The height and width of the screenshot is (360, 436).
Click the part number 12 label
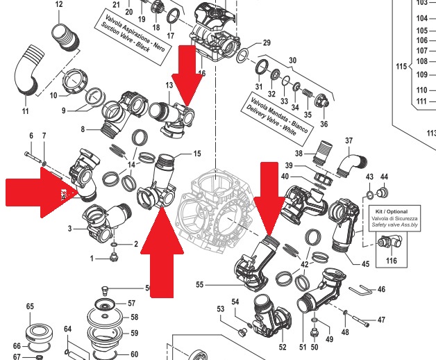pos(58,5)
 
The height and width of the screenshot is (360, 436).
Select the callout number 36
pos(324,124)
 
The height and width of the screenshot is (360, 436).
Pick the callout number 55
pos(200,285)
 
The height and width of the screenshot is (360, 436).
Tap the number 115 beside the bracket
pos(399,67)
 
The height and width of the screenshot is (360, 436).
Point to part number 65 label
pos(30,306)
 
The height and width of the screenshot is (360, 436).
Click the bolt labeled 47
pos(360,320)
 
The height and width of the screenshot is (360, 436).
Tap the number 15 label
pos(196,154)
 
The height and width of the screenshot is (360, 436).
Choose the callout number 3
pos(70,228)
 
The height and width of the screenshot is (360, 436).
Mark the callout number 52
pos(283,346)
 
